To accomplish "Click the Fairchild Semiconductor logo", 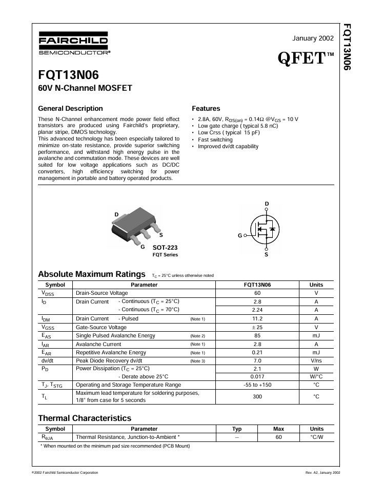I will pos(73,44).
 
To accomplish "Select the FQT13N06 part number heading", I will pos(69,75).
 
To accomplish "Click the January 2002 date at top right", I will pos(313,38).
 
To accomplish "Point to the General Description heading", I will pos(70,109).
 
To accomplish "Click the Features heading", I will pos(206,109).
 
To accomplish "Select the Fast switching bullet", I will pos(215,139).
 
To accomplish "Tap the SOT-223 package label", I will pos(165,248).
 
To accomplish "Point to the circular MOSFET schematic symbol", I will pos(266,230).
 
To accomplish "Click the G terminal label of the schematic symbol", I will pos(239,236).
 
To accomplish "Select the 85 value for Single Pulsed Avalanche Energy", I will pos(257,336).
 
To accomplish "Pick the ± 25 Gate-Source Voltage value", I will pos(257,327).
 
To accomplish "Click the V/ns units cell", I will pos(316,361).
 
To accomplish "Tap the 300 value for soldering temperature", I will pos(257,396).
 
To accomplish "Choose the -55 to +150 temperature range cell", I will pos(257,385).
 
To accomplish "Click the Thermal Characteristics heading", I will pos(85,418).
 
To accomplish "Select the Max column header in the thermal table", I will pos(278,429).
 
